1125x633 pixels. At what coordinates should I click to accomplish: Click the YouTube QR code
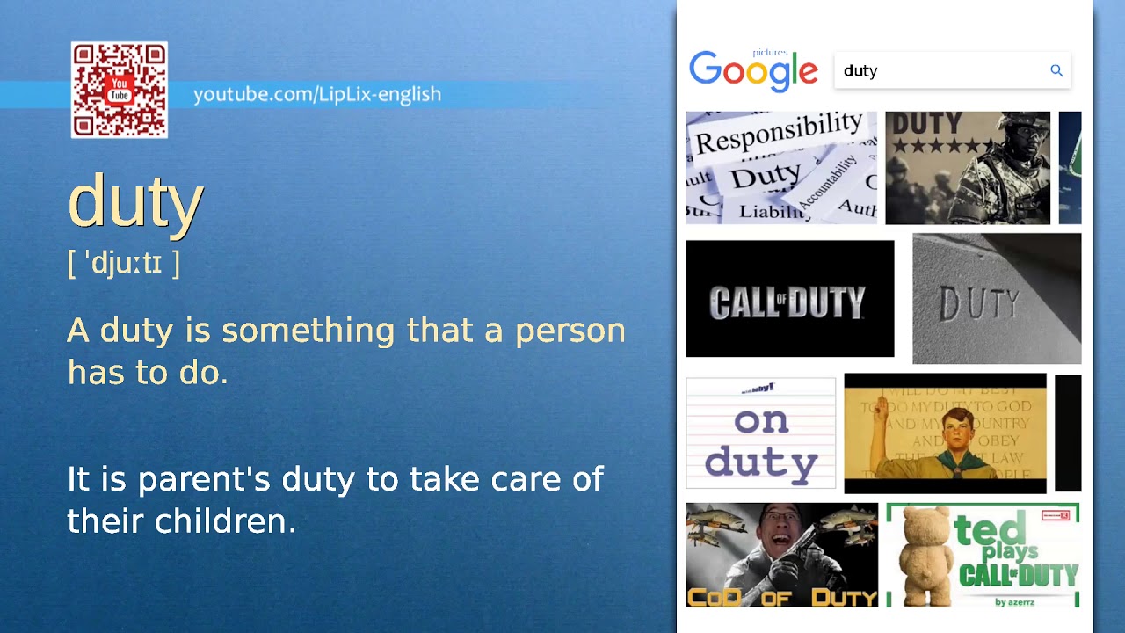[120, 90]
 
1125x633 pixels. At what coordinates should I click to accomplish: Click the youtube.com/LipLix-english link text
[316, 94]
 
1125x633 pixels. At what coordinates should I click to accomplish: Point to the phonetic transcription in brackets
[124, 263]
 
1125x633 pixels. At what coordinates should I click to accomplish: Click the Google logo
[753, 70]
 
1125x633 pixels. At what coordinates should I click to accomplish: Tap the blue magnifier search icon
[1056, 70]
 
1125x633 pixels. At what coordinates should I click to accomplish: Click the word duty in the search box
[860, 71]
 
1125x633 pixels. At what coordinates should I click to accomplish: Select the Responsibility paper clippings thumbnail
[780, 167]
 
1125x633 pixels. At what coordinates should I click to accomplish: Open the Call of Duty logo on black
[789, 299]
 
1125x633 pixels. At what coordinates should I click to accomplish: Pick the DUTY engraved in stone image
[997, 299]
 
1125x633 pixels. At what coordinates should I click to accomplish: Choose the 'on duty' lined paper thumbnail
[760, 433]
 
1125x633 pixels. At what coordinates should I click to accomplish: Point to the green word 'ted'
[991, 530]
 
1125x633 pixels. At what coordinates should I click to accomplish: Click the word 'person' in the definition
[570, 331]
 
